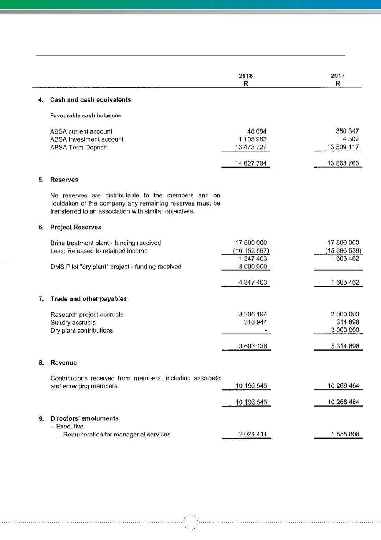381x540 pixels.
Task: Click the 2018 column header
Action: click(246, 76)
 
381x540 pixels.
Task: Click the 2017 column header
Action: click(338, 76)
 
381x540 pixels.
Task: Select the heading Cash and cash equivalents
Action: click(90, 100)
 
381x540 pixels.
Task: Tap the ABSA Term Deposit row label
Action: click(78, 148)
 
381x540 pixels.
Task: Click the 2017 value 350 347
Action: click(347, 131)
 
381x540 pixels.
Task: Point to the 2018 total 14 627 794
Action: click(251, 163)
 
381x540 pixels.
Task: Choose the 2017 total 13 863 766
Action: click(343, 163)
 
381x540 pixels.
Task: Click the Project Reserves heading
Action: click(76, 227)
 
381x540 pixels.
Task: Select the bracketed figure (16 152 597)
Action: click(251, 251)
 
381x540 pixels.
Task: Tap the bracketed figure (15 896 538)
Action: click(344, 251)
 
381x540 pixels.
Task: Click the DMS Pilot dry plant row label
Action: click(116, 267)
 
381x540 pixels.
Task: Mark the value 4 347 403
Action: click(253, 282)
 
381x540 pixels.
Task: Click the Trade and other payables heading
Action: click(89, 299)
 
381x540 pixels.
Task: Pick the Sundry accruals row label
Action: click(73, 323)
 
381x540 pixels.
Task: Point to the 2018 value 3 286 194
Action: click(253, 314)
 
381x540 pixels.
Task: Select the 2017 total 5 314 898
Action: click(345, 346)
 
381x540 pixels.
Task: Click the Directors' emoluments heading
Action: click(85, 418)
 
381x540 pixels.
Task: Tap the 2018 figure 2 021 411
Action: click(253, 435)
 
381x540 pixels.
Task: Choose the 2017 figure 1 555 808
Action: click(345, 434)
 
